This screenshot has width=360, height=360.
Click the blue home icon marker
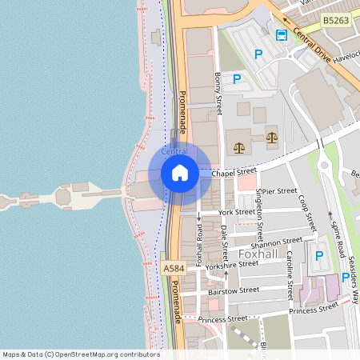[179, 173]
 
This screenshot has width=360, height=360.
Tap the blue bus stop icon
[282, 34]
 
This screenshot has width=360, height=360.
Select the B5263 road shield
[335, 20]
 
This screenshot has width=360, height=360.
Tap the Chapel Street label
[234, 170]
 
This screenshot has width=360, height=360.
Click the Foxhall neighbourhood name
[258, 254]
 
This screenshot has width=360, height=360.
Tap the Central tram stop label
[174, 151]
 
